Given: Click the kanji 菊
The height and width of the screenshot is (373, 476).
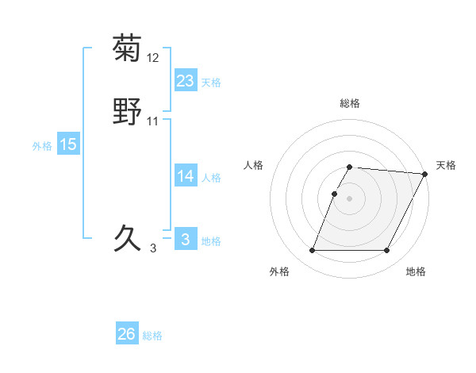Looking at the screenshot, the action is coord(127,49).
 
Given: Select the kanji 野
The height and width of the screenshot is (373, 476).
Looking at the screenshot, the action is coord(127,112).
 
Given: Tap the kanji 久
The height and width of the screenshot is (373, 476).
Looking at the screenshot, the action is coord(127,237).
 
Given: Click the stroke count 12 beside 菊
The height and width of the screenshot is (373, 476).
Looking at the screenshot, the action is coord(153,58).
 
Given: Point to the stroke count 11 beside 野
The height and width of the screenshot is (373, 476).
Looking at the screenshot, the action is coord(153,121).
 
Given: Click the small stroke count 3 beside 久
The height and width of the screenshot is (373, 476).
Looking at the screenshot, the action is coord(153,248).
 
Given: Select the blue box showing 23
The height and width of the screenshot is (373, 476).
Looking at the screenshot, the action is coord(185,80).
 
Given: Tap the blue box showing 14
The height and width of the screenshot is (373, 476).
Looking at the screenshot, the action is coord(185,176).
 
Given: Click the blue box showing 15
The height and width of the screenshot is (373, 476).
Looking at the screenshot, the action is coord(68,144).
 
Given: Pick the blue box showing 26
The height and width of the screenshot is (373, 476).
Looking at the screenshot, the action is coord(127,334).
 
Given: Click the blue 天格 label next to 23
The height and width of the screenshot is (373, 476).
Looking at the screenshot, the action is coord(211,83).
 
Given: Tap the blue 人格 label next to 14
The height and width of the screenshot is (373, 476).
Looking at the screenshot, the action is coord(211,178).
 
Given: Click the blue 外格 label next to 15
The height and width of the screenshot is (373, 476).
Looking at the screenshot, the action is coord(42,146).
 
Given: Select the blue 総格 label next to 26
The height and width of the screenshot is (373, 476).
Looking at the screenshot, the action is coord(152,336).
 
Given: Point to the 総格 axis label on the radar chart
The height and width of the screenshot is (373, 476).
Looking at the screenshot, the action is coord(350,103).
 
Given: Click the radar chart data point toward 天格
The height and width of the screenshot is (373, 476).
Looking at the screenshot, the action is coord(425,174).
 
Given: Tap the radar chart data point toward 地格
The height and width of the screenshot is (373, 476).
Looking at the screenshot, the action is coord(386,250).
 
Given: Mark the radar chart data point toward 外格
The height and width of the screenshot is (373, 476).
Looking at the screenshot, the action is coord(313,250).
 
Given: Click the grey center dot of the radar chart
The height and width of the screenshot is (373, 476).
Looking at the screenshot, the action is coord(350,197).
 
